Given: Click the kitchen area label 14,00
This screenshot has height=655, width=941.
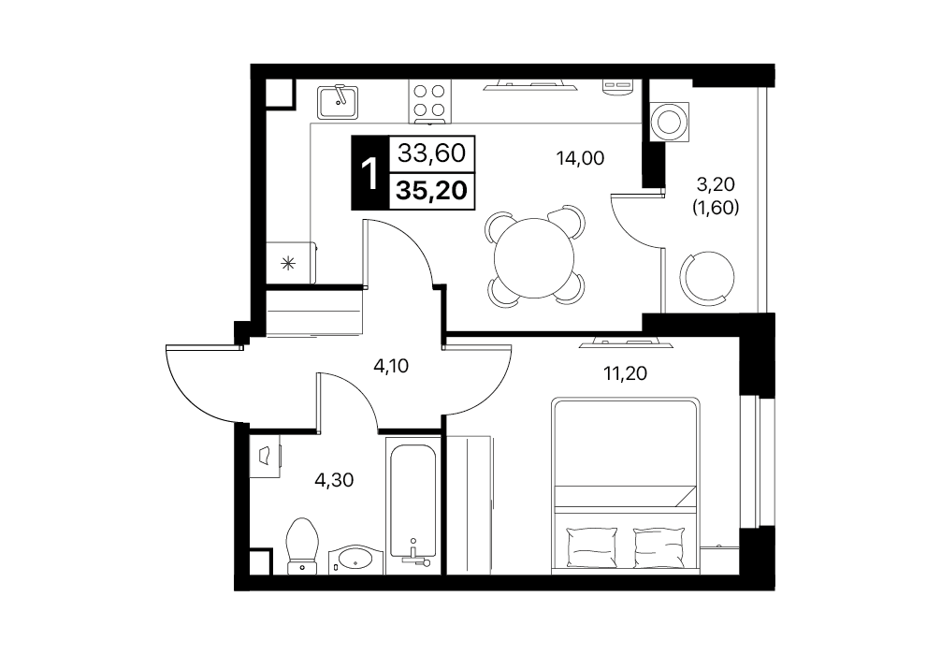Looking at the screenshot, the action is tap(580, 158).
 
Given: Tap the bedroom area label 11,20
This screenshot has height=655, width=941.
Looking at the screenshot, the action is tap(626, 373).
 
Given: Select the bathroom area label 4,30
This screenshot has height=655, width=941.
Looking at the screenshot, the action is tap(334, 480).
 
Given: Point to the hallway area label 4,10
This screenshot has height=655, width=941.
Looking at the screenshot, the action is tap(391, 366).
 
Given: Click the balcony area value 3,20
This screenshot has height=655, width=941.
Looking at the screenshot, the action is tap(716, 183).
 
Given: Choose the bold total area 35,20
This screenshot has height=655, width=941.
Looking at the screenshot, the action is tap(431, 190).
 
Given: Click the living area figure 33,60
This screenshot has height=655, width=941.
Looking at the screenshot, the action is tap(431, 153).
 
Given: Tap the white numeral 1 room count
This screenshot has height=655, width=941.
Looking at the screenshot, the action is tap(370, 173).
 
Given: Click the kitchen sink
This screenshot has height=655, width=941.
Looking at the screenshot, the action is tap(339, 101).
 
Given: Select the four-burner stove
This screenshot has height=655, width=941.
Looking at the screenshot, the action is tap(429, 100).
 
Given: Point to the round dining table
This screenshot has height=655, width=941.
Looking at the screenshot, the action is tap(533, 257).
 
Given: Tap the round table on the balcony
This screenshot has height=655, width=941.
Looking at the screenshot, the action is tap(707, 277).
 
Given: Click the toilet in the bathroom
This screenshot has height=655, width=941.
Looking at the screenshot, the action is tap(302, 546).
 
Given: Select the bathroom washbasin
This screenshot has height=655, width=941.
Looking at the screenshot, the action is tap(355, 559).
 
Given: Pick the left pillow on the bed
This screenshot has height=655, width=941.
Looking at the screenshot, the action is tap(592, 546).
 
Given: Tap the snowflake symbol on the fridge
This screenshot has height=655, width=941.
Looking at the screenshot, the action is tap(289, 262).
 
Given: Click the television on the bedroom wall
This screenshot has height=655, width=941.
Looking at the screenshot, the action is tap(627, 343).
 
